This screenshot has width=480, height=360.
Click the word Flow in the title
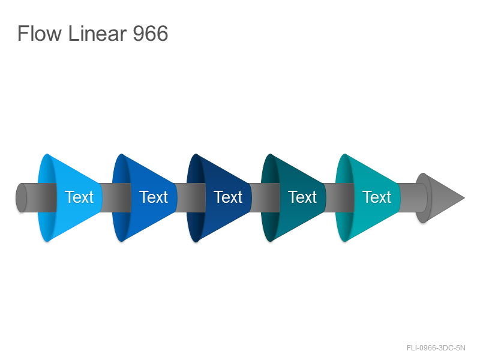click(x=40, y=33)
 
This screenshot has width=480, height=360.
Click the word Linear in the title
click(x=97, y=33)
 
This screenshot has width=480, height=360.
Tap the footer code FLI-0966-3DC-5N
click(x=436, y=348)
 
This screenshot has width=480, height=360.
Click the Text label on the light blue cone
click(x=79, y=197)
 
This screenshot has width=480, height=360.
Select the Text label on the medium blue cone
click(x=154, y=197)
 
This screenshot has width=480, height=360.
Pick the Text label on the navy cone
click(x=228, y=197)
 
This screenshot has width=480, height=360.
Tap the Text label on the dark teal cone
click(x=302, y=197)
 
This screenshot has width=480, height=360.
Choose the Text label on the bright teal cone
click(x=377, y=197)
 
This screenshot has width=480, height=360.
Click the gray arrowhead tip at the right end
click(x=464, y=198)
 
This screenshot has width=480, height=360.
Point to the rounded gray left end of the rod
click(x=21, y=198)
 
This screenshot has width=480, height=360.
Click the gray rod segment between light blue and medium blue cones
click(x=116, y=198)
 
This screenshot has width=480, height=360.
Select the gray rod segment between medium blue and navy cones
click(x=190, y=198)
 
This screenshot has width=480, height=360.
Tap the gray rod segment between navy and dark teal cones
click(x=265, y=198)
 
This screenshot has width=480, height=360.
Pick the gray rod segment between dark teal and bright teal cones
click(x=339, y=198)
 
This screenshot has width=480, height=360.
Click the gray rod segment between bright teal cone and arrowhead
click(x=412, y=198)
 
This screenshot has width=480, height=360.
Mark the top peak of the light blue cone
click(x=47, y=154)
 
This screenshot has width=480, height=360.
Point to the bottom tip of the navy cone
click(x=196, y=242)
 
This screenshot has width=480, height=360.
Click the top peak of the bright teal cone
click(x=344, y=154)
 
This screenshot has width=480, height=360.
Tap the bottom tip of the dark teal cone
click(x=271, y=242)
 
